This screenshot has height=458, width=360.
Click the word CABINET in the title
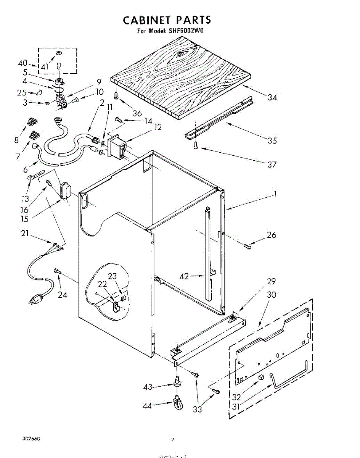pos(147,19)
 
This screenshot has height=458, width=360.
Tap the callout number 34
pos(272,97)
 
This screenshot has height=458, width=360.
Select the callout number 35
pos(272,140)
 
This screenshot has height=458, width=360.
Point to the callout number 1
pos(275,194)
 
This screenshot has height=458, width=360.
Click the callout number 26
pos(271,235)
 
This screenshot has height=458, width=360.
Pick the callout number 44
pos(147,406)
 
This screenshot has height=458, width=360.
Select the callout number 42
pos(184,276)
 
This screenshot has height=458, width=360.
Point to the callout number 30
pos(272,295)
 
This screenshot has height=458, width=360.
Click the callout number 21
pos(25,233)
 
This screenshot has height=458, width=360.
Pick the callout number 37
pos(272,164)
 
